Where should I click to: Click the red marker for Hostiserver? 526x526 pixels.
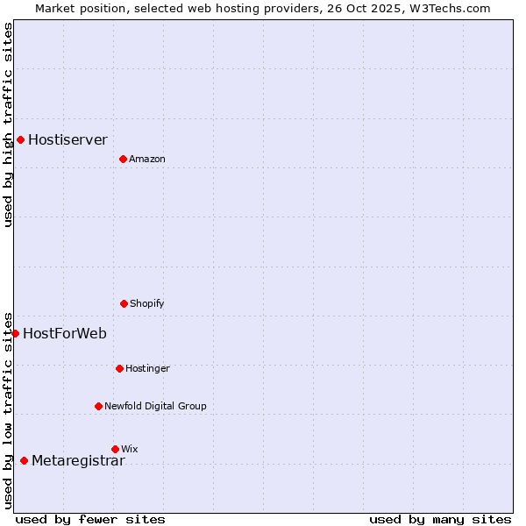click(20, 139)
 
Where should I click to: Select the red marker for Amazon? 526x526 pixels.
click(123, 159)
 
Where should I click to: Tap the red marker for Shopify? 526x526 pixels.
click(124, 303)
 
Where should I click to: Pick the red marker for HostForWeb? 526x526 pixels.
click(15, 333)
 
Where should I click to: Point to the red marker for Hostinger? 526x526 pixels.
click(119, 368)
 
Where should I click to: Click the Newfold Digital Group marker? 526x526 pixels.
click(98, 406)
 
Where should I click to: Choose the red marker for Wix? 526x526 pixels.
click(115, 449)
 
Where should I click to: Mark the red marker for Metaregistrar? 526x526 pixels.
click(24, 461)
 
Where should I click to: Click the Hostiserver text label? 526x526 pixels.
click(68, 139)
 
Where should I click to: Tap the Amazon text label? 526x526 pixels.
click(147, 159)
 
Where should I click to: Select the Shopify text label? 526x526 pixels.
click(147, 303)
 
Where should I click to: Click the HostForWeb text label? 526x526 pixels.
click(65, 333)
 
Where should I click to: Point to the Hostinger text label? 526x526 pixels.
click(147, 368)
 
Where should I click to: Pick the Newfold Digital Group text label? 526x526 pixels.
click(155, 406)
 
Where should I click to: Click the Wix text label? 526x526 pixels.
click(130, 449)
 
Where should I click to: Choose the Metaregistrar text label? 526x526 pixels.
click(78, 461)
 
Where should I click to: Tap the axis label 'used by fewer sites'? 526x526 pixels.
click(90, 519)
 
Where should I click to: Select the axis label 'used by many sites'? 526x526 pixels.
click(440, 519)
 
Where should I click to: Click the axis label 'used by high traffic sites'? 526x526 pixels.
click(8, 124)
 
